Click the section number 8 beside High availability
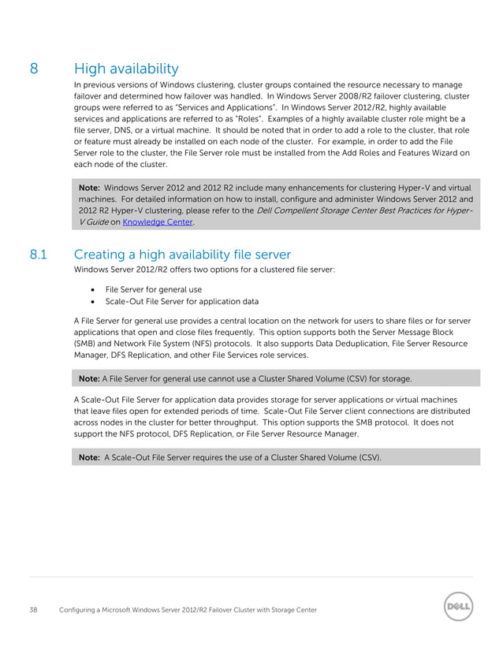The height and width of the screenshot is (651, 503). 35,69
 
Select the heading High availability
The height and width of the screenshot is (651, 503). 126,69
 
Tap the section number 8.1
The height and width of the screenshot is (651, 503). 39,255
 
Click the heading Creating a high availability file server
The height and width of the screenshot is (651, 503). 182,255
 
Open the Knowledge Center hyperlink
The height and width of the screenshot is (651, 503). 158,223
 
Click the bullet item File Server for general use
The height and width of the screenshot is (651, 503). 153,289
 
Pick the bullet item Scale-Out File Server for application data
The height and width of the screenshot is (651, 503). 181,301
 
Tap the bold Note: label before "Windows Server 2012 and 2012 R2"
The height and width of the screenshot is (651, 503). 89,188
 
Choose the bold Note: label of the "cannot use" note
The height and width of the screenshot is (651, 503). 88,378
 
